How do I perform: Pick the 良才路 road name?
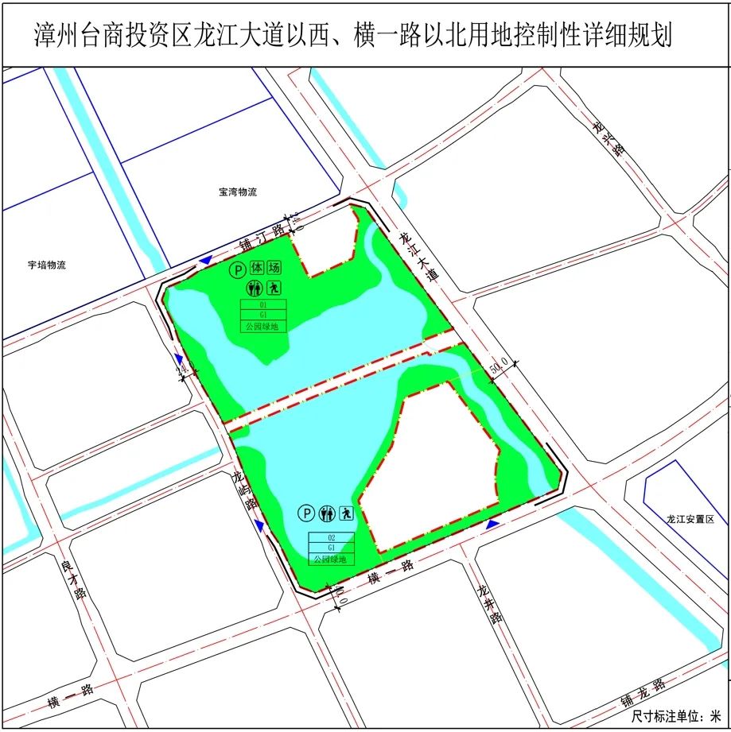coord(72,583)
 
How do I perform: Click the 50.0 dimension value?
coord(499,367)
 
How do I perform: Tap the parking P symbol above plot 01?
coord(236,270)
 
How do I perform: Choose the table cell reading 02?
coord(331,537)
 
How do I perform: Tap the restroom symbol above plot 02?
coord(327,514)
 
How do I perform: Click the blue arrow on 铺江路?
coord(206,261)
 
